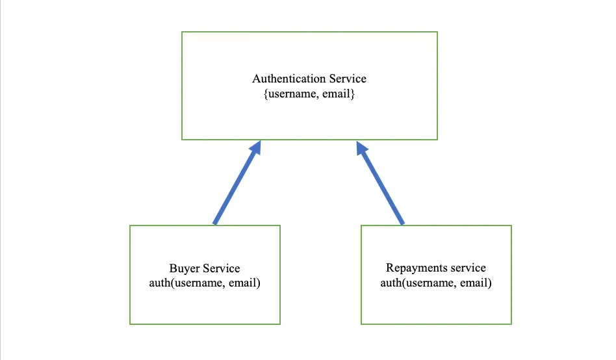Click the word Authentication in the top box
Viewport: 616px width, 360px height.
pyautogui.click(x=289, y=79)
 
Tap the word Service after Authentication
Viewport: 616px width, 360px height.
pyautogui.click(x=347, y=79)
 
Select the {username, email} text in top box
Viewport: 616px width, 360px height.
pyautogui.click(x=309, y=94)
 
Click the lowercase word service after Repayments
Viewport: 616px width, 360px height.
pyautogui.click(x=468, y=268)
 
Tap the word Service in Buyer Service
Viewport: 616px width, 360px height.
pyautogui.click(x=222, y=268)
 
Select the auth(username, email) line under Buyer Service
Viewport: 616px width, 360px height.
pyautogui.click(x=205, y=283)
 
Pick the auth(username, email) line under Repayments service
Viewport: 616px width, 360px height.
pyautogui.click(x=435, y=283)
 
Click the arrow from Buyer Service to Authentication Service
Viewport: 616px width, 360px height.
pyautogui.click(x=237, y=184)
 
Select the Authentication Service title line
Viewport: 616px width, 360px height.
pyautogui.click(x=309, y=79)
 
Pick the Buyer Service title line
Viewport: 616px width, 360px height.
pyautogui.click(x=205, y=268)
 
